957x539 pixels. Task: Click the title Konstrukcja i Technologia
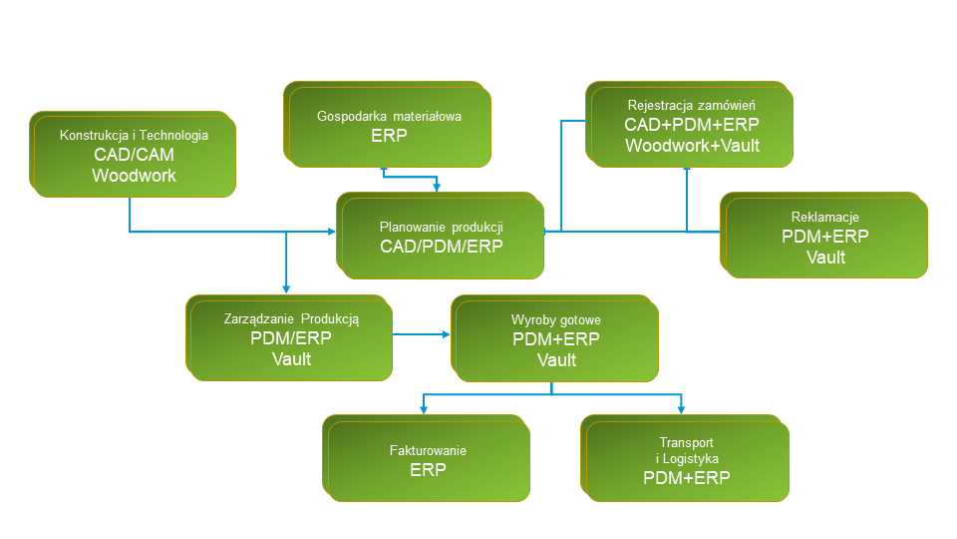(134, 136)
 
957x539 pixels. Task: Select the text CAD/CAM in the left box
(134, 155)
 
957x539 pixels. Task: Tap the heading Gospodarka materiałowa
(389, 116)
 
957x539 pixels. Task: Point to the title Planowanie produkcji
(442, 227)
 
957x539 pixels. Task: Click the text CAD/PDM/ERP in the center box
(442, 247)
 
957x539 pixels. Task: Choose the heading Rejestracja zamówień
(692, 105)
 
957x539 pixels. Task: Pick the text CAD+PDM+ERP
(692, 125)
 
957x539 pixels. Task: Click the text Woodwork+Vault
(692, 145)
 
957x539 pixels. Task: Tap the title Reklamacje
(825, 217)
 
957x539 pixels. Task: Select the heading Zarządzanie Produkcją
(291, 319)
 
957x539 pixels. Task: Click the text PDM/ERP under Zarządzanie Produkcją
(291, 338)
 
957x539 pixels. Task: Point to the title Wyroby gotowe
(556, 319)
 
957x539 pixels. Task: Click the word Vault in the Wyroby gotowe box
(556, 359)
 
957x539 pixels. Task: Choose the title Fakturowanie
(428, 450)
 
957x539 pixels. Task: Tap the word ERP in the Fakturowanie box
(428, 469)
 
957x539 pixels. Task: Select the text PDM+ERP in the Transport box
(687, 477)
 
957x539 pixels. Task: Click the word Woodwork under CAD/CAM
(134, 175)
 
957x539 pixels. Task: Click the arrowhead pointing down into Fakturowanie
(424, 409)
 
